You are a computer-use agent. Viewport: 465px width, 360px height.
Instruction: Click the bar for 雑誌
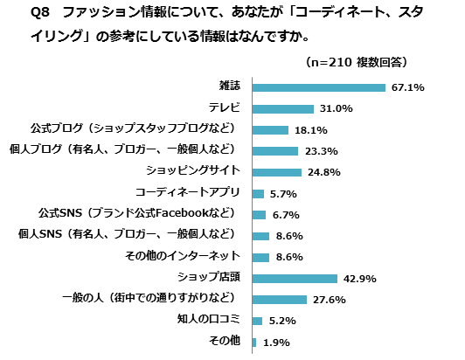click(318, 87)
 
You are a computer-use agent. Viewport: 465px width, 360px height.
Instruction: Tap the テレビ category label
click(226, 108)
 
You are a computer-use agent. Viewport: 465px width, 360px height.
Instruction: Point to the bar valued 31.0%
click(282, 108)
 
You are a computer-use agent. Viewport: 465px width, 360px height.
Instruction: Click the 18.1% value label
click(310, 130)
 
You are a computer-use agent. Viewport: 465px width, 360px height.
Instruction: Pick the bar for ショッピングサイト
click(276, 172)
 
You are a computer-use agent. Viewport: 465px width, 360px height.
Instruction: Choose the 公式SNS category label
click(139, 214)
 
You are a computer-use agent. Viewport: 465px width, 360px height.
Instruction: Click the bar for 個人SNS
click(260, 236)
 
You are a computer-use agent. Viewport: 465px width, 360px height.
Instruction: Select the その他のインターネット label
click(184, 257)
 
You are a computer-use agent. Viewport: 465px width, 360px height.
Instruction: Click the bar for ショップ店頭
click(295, 279)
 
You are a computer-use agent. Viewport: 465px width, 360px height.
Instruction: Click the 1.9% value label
click(276, 343)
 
